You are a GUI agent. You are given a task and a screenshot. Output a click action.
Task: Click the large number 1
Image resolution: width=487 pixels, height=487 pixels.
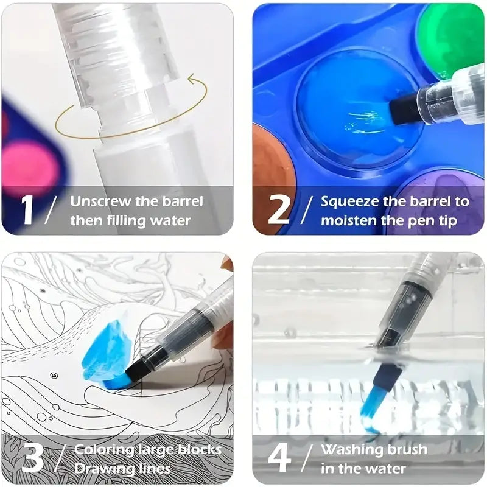point(27,209)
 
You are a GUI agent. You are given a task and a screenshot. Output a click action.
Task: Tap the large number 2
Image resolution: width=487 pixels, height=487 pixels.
point(279,209)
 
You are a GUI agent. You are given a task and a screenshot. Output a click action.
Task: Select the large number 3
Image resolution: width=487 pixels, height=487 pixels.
point(33,458)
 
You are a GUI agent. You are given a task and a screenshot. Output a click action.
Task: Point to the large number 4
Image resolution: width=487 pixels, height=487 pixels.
point(279,458)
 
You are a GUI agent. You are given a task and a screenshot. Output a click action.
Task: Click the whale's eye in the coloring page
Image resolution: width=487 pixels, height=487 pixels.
point(54,376)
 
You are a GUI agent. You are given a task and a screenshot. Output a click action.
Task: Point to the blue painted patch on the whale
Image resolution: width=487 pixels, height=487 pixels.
point(107,354)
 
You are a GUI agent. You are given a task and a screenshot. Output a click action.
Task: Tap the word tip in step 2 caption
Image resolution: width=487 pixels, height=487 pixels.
point(446,221)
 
